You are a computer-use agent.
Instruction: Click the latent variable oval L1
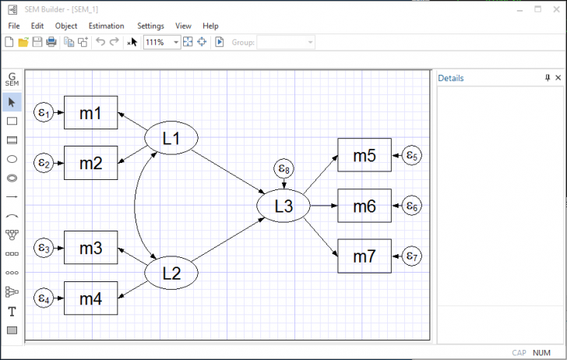[171, 139]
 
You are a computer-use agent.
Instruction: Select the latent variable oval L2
[171, 274]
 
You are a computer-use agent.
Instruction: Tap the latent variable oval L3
[283, 206]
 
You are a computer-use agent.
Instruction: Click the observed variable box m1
[90, 113]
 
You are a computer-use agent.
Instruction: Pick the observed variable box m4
[90, 298]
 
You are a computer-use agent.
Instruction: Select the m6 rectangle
[364, 206]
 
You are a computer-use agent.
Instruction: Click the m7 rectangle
[364, 256]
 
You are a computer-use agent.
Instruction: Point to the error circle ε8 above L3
[283, 168]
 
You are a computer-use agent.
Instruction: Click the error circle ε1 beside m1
[44, 113]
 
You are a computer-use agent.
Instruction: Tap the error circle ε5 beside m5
[412, 157]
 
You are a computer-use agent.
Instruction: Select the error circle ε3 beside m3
[44, 249]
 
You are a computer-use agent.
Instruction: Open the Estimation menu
[106, 26]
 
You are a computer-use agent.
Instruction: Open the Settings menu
[150, 26]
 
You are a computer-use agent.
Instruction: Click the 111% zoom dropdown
[161, 42]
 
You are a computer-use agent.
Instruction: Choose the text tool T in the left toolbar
[12, 312]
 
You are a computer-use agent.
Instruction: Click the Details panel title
[451, 78]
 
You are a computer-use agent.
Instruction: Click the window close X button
[555, 9]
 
